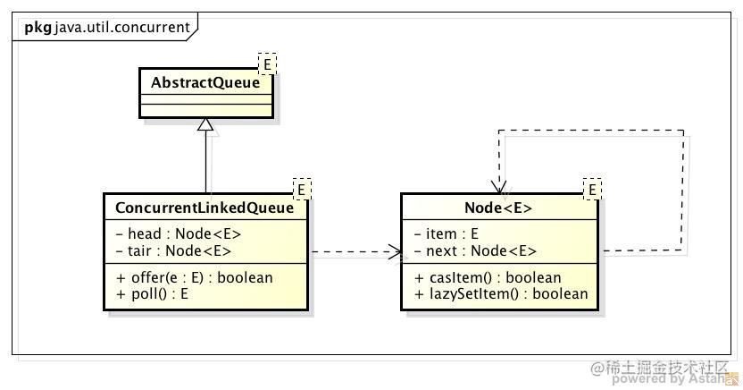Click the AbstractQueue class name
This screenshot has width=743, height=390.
pos(205,82)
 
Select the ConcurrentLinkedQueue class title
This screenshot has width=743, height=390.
pos(205,208)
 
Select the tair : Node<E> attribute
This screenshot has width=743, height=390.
pos(174,250)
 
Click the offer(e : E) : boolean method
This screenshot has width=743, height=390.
pos(194,277)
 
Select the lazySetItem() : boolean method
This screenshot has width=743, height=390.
pos(501,293)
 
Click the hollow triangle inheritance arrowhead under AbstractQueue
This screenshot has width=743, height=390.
pos(206,125)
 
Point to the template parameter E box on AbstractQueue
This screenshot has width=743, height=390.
pos(267,64)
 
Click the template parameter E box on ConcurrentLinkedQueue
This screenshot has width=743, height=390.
pos(302,189)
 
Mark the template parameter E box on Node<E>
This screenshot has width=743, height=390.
pos(592,189)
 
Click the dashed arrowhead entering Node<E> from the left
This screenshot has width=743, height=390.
pos(395,253)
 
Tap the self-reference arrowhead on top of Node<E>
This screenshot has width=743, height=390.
pos(499,186)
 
